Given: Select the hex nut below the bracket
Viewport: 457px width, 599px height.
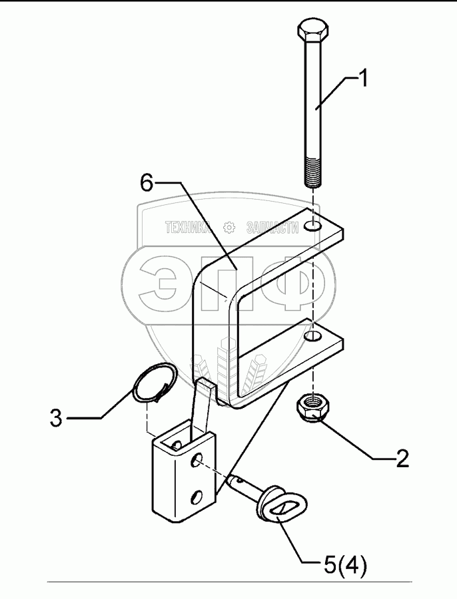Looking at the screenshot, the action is pos(310,407).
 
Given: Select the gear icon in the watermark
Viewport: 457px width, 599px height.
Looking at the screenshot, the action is pos(230,228).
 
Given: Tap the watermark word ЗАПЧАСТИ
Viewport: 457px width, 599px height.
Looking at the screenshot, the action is pos(272,228).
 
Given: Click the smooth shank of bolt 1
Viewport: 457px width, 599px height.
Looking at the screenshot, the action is pos(312,100).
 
